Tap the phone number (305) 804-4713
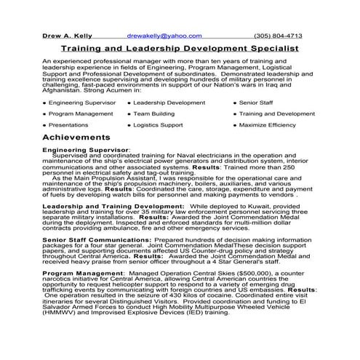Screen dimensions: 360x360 coord(278,35)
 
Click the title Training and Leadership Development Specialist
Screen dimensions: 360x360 coord(179,48)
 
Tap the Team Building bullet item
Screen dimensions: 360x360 coord(153,113)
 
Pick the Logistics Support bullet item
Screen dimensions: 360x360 coord(158,124)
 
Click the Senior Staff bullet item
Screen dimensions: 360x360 coord(255,103)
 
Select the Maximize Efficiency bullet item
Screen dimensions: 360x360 coord(272,124)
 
